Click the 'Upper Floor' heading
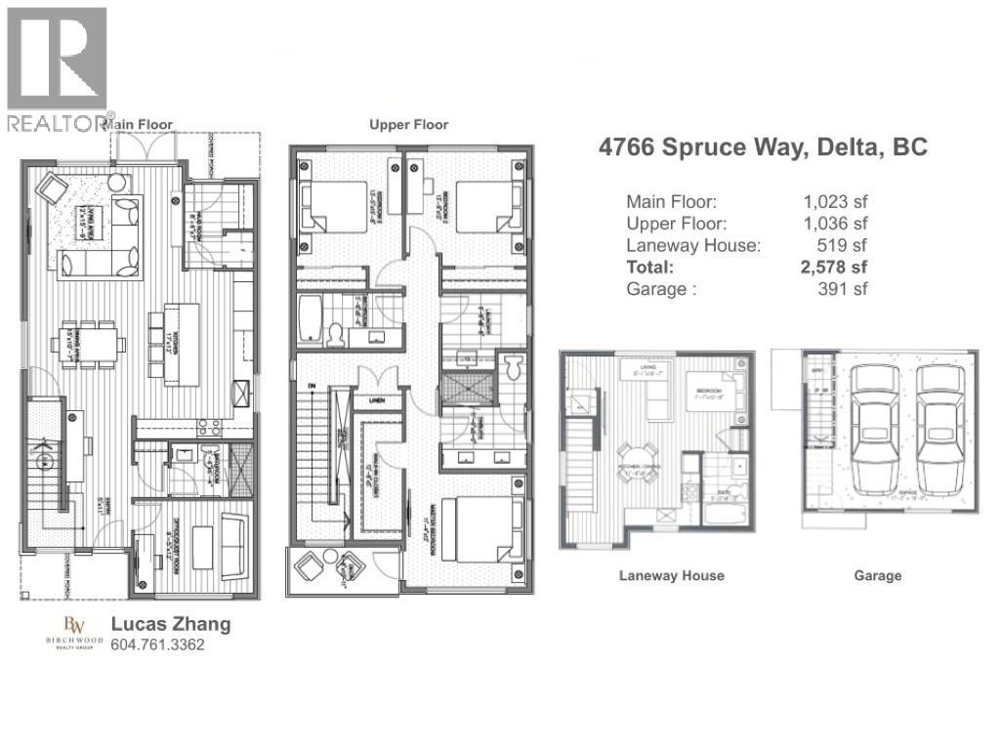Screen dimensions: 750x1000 408,124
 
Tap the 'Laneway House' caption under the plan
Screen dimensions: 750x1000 671,575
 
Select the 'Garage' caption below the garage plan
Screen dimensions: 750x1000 877,575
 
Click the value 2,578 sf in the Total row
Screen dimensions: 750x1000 835,266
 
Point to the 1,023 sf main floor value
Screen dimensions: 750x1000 835,202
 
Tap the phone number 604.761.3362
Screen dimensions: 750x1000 158,645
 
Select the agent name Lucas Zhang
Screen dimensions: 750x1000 171,624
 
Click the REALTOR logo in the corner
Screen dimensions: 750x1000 57,68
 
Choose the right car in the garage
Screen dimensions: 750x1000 939,430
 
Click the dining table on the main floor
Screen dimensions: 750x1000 89,344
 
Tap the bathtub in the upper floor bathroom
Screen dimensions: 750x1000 312,320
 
